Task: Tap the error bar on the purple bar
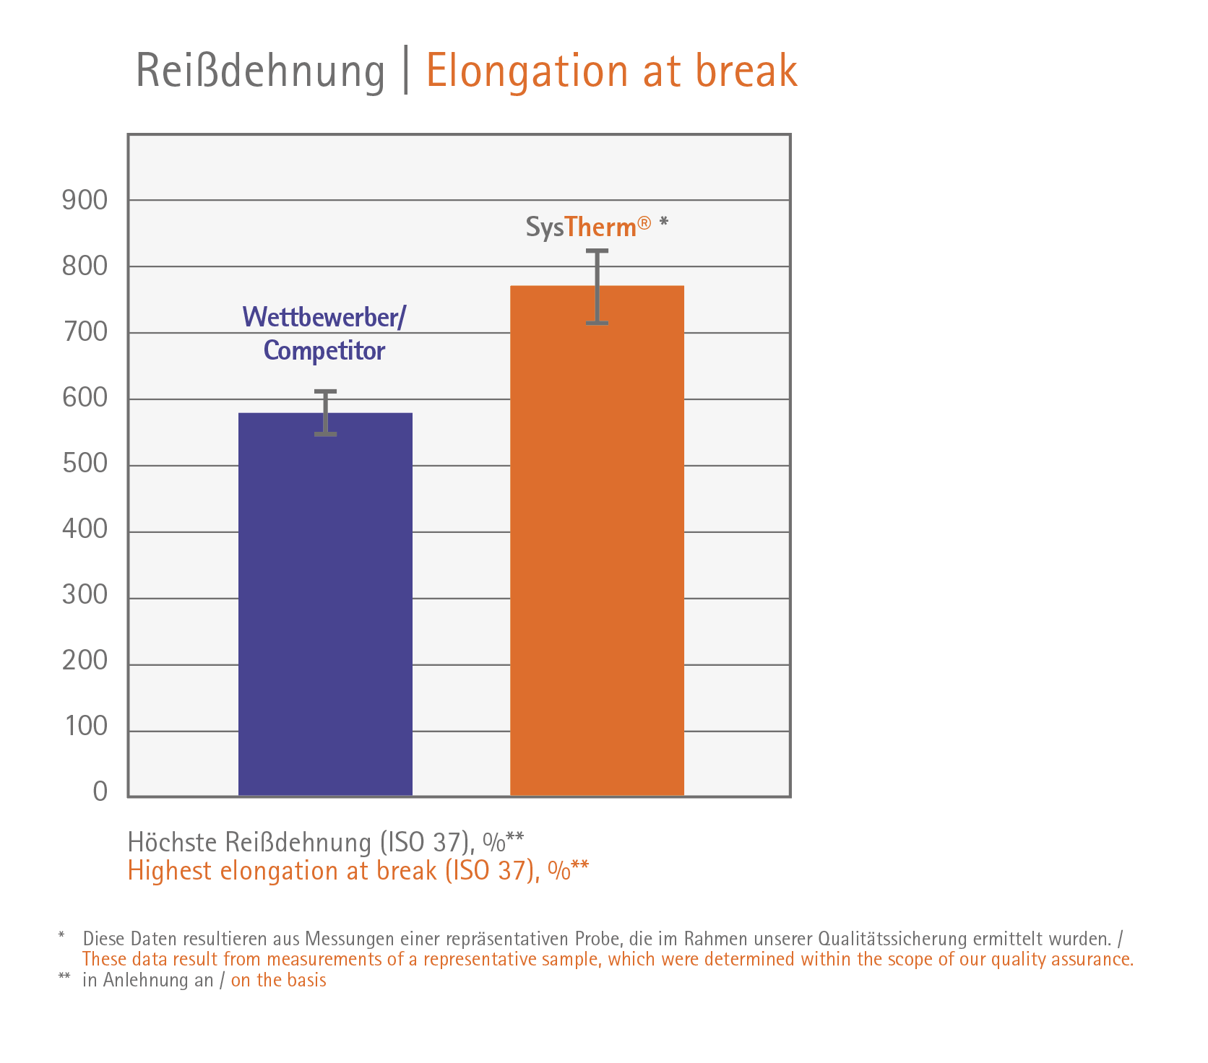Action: [x=325, y=412]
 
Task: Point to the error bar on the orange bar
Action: [x=597, y=287]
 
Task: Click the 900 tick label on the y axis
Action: [x=85, y=200]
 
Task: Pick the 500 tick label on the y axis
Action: [x=85, y=464]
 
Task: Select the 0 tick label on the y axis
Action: [x=100, y=792]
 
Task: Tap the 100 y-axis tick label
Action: [x=86, y=726]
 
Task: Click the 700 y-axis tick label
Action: [x=85, y=332]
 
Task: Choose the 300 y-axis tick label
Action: [x=85, y=595]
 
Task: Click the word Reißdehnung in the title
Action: [x=260, y=71]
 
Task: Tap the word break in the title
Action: [x=746, y=71]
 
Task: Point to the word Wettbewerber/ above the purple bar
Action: [x=324, y=317]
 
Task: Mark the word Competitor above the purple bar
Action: [x=324, y=351]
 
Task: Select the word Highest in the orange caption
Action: [x=171, y=871]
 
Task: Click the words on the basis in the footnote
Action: [x=278, y=980]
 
